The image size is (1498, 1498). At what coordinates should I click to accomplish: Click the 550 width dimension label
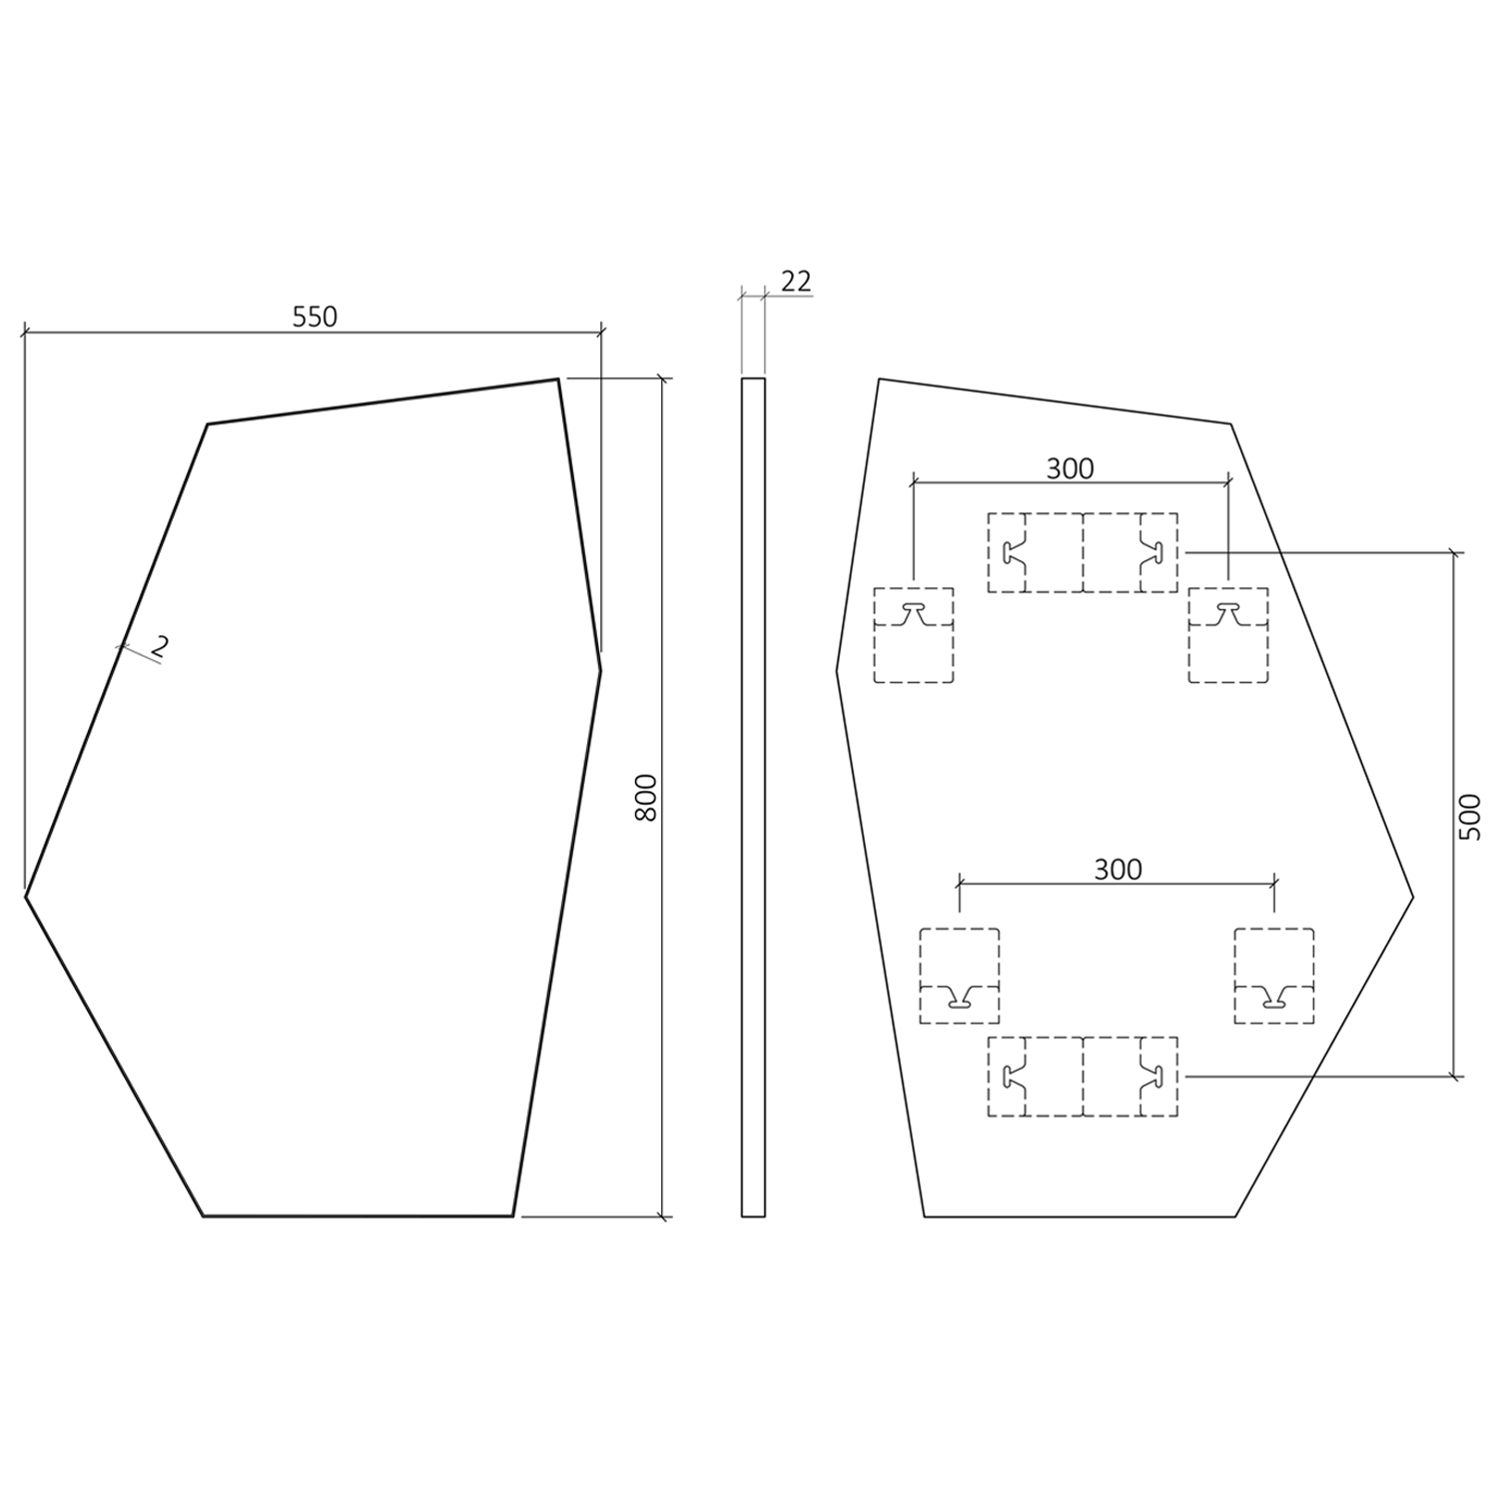coord(315,317)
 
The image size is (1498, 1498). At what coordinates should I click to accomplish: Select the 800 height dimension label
coord(647,797)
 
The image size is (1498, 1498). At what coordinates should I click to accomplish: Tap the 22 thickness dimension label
coord(796,282)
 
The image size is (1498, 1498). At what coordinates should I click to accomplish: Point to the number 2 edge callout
coord(159,646)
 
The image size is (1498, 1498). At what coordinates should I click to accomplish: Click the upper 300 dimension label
coord(1070,467)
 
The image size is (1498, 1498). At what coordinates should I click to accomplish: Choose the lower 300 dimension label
coord(1118,869)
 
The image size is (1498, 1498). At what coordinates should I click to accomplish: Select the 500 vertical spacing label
coord(1471,816)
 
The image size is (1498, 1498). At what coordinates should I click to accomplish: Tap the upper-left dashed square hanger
coord(914,635)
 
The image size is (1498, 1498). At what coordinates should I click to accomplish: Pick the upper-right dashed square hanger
coord(1227,635)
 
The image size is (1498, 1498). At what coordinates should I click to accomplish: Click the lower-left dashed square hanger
coord(959,976)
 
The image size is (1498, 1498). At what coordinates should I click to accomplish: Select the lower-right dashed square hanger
coord(1273,976)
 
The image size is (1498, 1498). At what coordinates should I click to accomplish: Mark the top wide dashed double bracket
coord(1083,552)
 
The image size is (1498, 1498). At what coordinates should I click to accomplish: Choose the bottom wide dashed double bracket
coord(1083,1077)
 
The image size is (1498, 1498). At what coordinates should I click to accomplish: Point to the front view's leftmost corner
coord(26,896)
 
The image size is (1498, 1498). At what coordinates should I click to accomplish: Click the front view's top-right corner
coord(558,379)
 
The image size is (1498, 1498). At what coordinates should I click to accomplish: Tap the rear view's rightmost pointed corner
coord(1413,897)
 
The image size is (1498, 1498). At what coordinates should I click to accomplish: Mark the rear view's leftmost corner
coord(837,671)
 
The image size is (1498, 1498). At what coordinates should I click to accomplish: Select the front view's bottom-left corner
coord(204,1215)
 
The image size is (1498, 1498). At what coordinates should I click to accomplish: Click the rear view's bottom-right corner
coord(1235,1216)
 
